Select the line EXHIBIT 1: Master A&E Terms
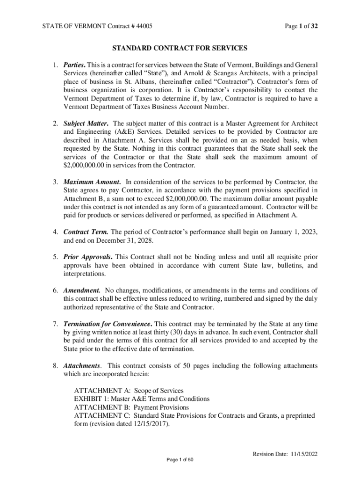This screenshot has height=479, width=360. click(142, 399)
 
